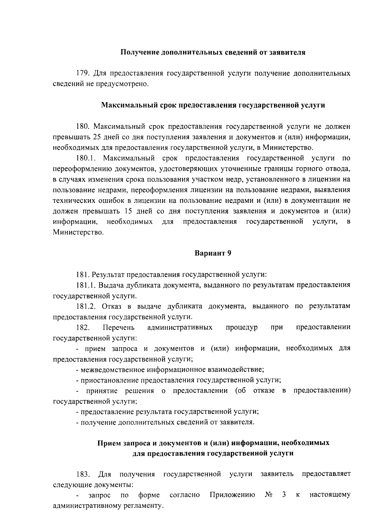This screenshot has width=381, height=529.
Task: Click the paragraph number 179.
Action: point(84,74)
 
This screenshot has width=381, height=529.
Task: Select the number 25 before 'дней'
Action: point(97,137)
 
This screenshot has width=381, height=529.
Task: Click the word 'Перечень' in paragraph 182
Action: point(119,327)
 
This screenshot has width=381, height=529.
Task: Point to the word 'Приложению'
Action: point(233,495)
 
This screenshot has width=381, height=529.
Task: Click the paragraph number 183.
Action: point(83,474)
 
